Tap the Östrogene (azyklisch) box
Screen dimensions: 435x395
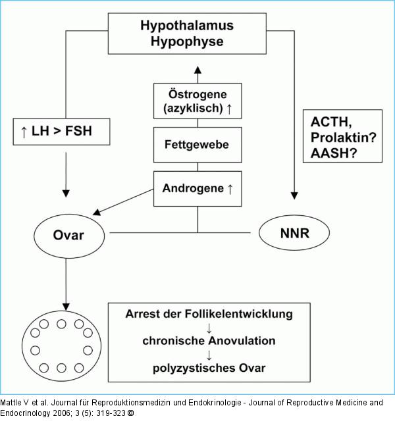pos(197,101)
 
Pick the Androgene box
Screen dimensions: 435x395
pos(197,189)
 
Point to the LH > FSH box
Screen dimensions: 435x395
pos(62,131)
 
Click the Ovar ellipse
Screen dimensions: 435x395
pos(68,234)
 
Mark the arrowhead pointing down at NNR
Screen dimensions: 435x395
pos(294,196)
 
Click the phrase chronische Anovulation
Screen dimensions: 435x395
pos(209,341)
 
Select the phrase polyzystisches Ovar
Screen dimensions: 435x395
pos(209,367)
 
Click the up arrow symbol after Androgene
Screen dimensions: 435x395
pos(230,189)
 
